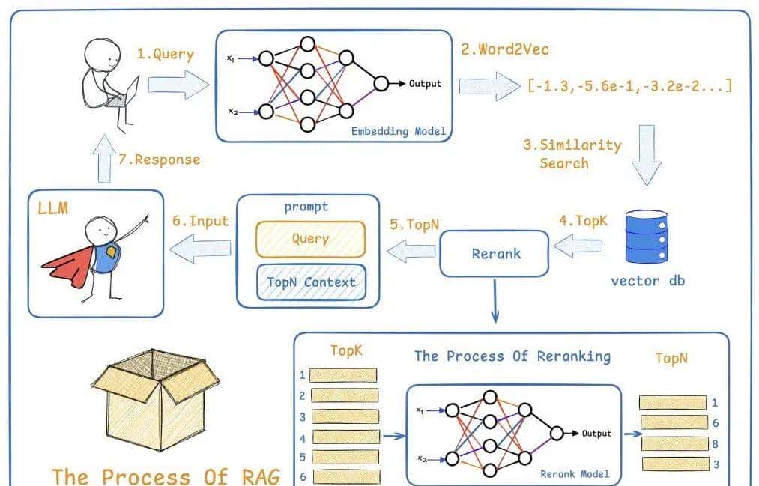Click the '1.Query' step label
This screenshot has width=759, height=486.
click(x=165, y=54)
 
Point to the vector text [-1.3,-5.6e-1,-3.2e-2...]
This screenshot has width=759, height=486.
click(x=629, y=85)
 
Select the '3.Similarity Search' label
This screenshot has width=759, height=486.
click(x=572, y=154)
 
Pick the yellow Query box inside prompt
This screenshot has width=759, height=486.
click(x=310, y=239)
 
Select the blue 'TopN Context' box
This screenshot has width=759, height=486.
click(x=311, y=282)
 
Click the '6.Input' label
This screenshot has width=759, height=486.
click(x=199, y=221)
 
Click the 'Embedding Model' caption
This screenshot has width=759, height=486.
click(x=399, y=131)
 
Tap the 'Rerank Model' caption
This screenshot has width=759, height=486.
click(x=575, y=473)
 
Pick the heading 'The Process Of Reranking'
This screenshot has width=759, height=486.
click(x=512, y=356)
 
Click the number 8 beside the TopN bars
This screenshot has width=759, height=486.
click(x=715, y=444)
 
